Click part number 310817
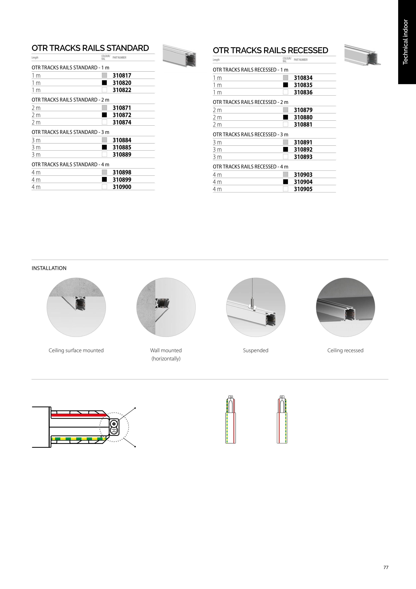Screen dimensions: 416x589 122,75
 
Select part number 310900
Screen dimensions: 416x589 122,187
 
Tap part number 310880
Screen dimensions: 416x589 303,117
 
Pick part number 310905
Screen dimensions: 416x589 303,189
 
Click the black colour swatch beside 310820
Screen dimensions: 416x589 104,83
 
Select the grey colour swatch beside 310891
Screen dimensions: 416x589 286,142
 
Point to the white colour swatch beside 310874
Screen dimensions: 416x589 104,122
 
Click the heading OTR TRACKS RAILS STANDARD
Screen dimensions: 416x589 90,48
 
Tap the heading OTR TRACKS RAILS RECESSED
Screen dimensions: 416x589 270,50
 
